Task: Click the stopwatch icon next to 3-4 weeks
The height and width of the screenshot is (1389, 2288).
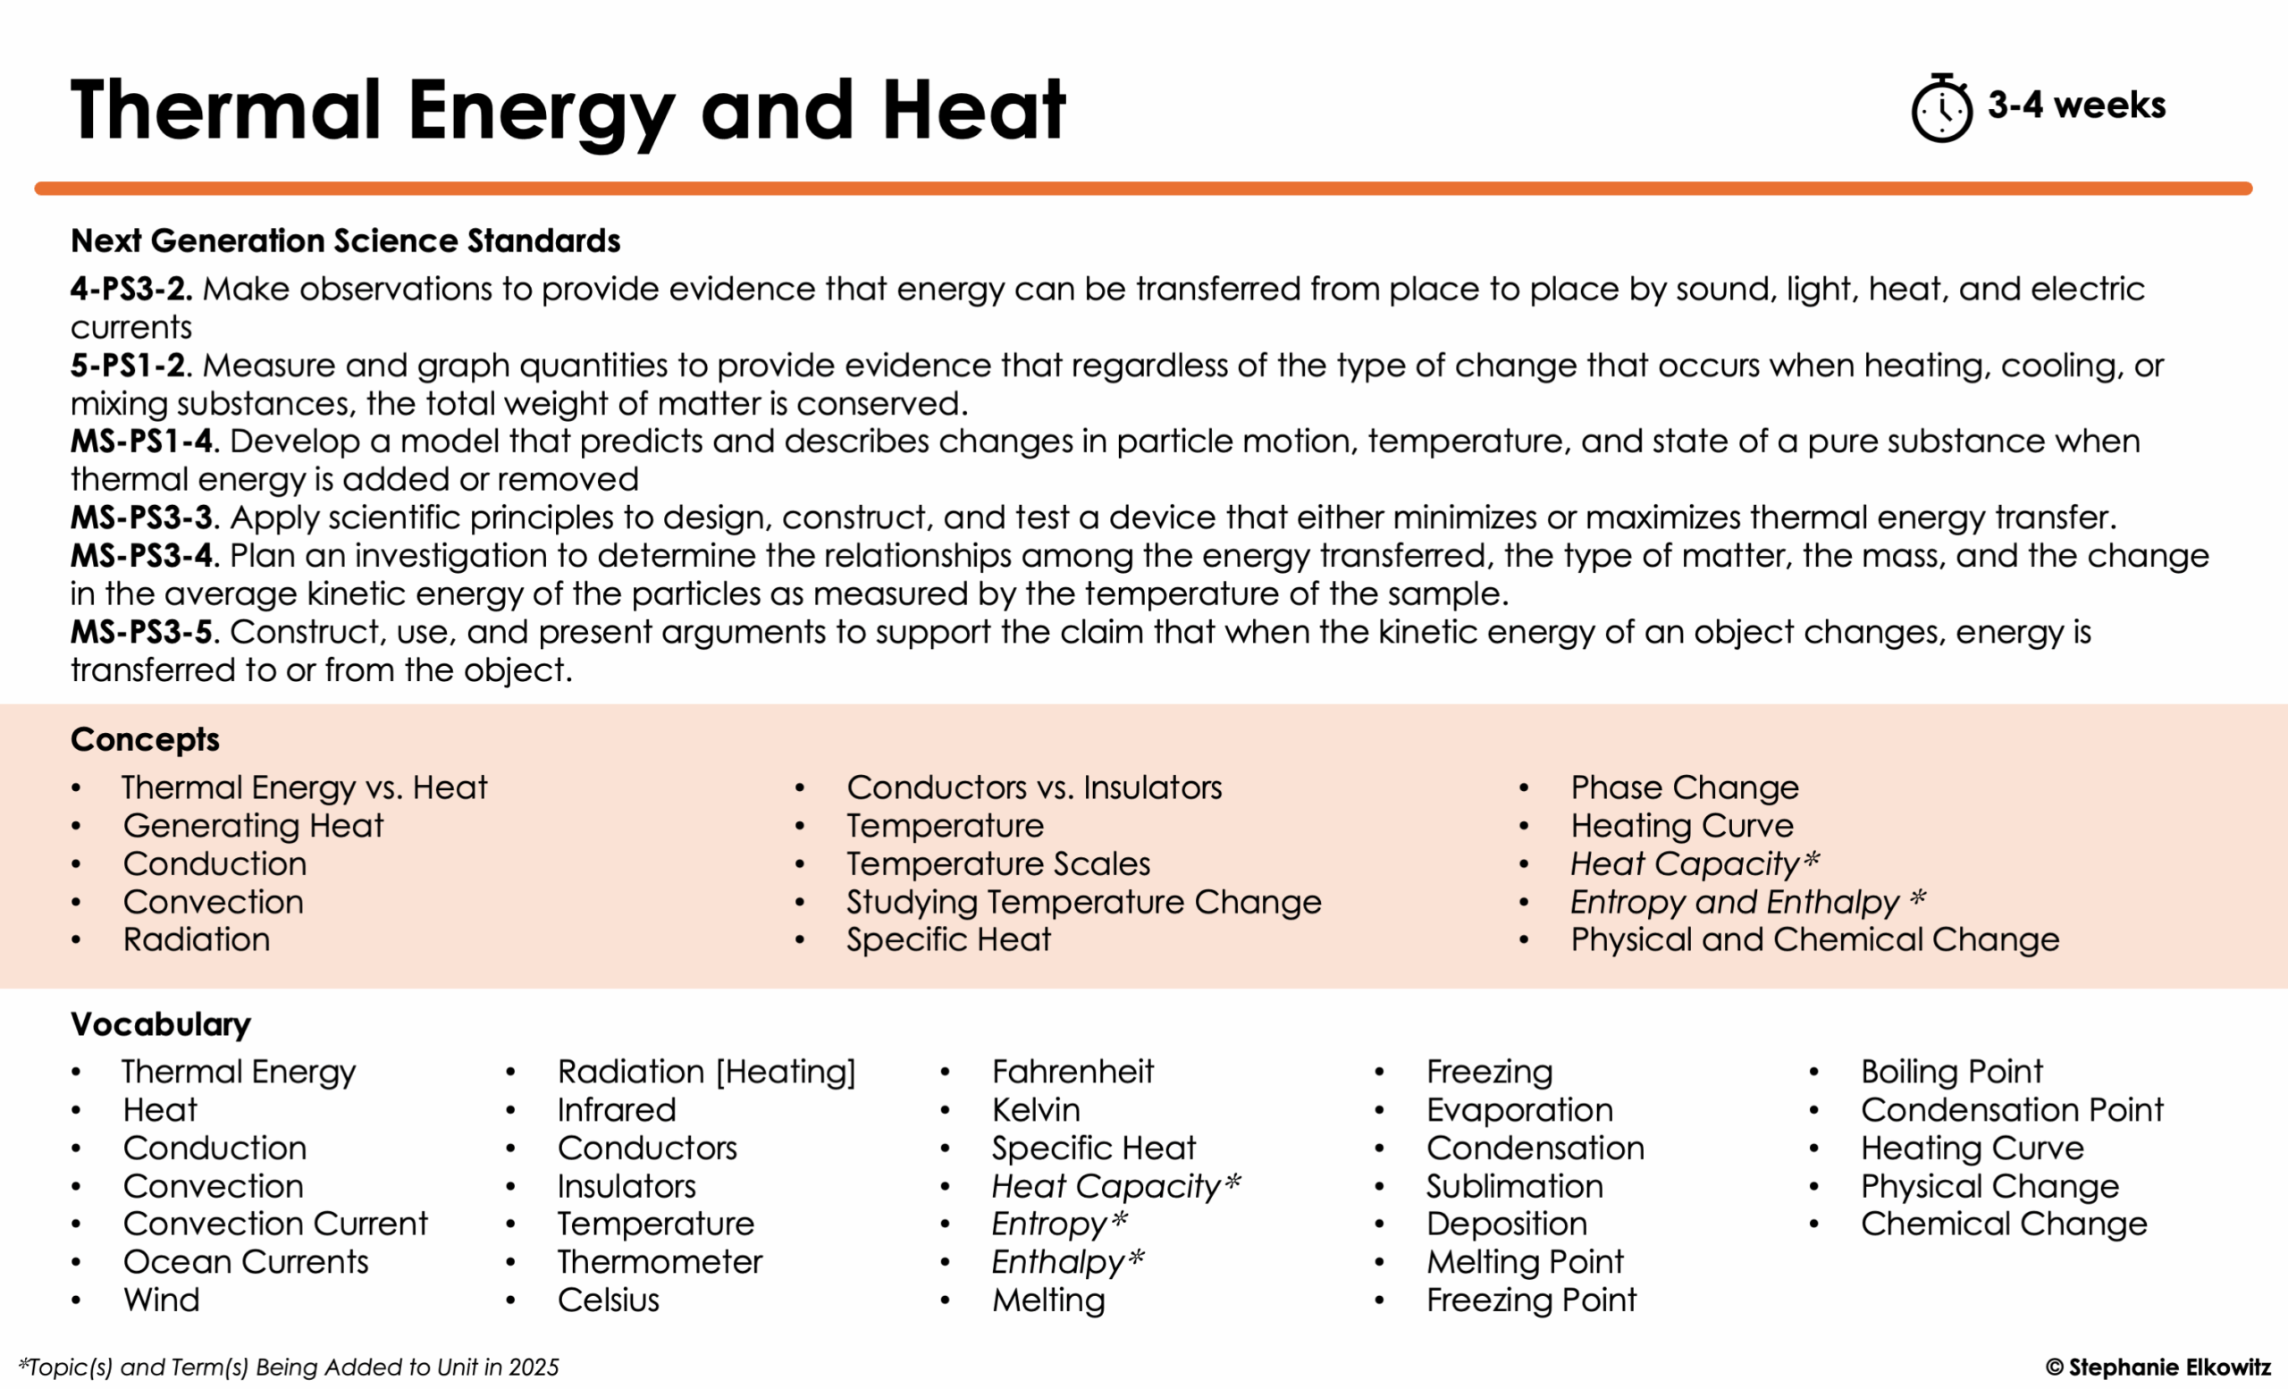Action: [1940, 110]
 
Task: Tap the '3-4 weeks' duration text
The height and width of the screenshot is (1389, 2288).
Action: [2076, 105]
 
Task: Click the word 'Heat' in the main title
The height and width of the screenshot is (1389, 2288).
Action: [973, 112]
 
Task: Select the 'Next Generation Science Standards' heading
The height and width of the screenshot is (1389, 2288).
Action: [345, 241]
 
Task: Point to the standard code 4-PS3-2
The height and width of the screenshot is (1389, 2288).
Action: [130, 290]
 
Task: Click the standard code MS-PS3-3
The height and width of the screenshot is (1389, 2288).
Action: [141, 518]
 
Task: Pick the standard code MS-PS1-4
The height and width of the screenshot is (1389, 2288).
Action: [141, 442]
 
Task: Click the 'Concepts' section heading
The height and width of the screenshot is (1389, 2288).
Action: [145, 740]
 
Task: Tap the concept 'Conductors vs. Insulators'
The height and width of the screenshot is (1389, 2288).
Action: [1033, 788]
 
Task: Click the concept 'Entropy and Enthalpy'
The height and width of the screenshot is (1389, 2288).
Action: [1735, 903]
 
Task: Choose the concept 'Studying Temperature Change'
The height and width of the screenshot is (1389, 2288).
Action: [1082, 903]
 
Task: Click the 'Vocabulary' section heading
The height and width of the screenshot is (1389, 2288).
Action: [161, 1025]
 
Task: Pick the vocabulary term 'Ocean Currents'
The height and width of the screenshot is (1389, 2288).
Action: [245, 1263]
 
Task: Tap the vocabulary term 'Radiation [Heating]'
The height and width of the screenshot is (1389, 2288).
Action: [706, 1073]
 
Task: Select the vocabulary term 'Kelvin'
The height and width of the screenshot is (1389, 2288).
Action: [1035, 1110]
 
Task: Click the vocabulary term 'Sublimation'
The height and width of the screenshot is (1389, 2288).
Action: [1515, 1187]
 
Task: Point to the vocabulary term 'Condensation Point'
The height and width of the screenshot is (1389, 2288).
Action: [2011, 1110]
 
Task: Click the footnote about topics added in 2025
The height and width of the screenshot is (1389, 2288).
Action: [288, 1368]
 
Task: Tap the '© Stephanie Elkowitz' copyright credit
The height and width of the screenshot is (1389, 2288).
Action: [2158, 1368]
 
